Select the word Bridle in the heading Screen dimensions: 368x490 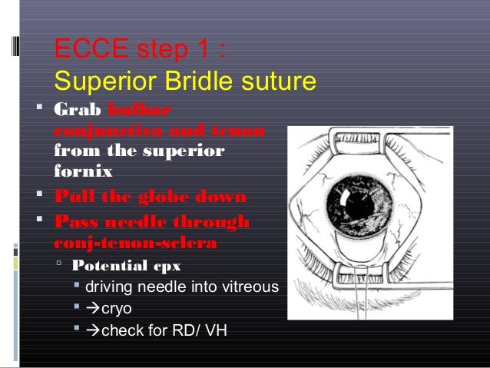click(204, 81)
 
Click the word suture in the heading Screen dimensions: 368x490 click(277, 81)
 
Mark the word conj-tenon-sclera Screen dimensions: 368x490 click(135, 242)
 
